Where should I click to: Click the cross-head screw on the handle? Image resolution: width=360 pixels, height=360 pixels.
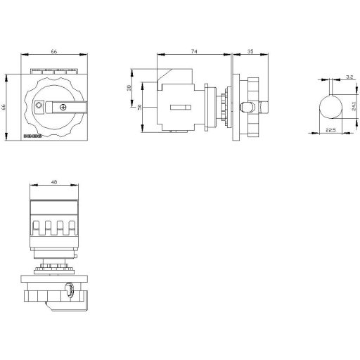point(64,107)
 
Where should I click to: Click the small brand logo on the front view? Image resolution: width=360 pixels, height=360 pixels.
point(33,135)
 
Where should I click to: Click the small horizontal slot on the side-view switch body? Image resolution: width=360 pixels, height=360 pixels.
point(181,107)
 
